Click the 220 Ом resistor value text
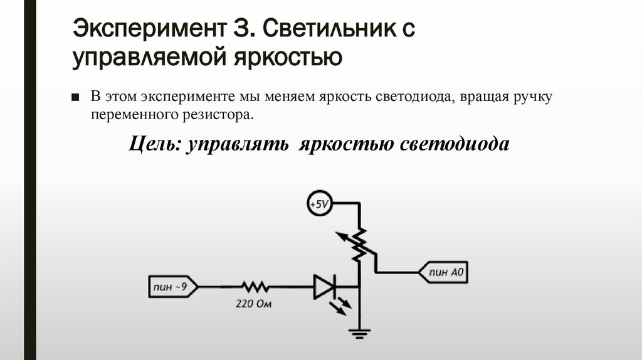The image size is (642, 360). (255, 304)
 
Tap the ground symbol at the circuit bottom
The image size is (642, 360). (359, 333)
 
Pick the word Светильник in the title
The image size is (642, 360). (330, 28)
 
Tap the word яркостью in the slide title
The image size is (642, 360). (288, 58)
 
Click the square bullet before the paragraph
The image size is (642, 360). (76, 98)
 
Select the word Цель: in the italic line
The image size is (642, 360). (154, 144)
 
